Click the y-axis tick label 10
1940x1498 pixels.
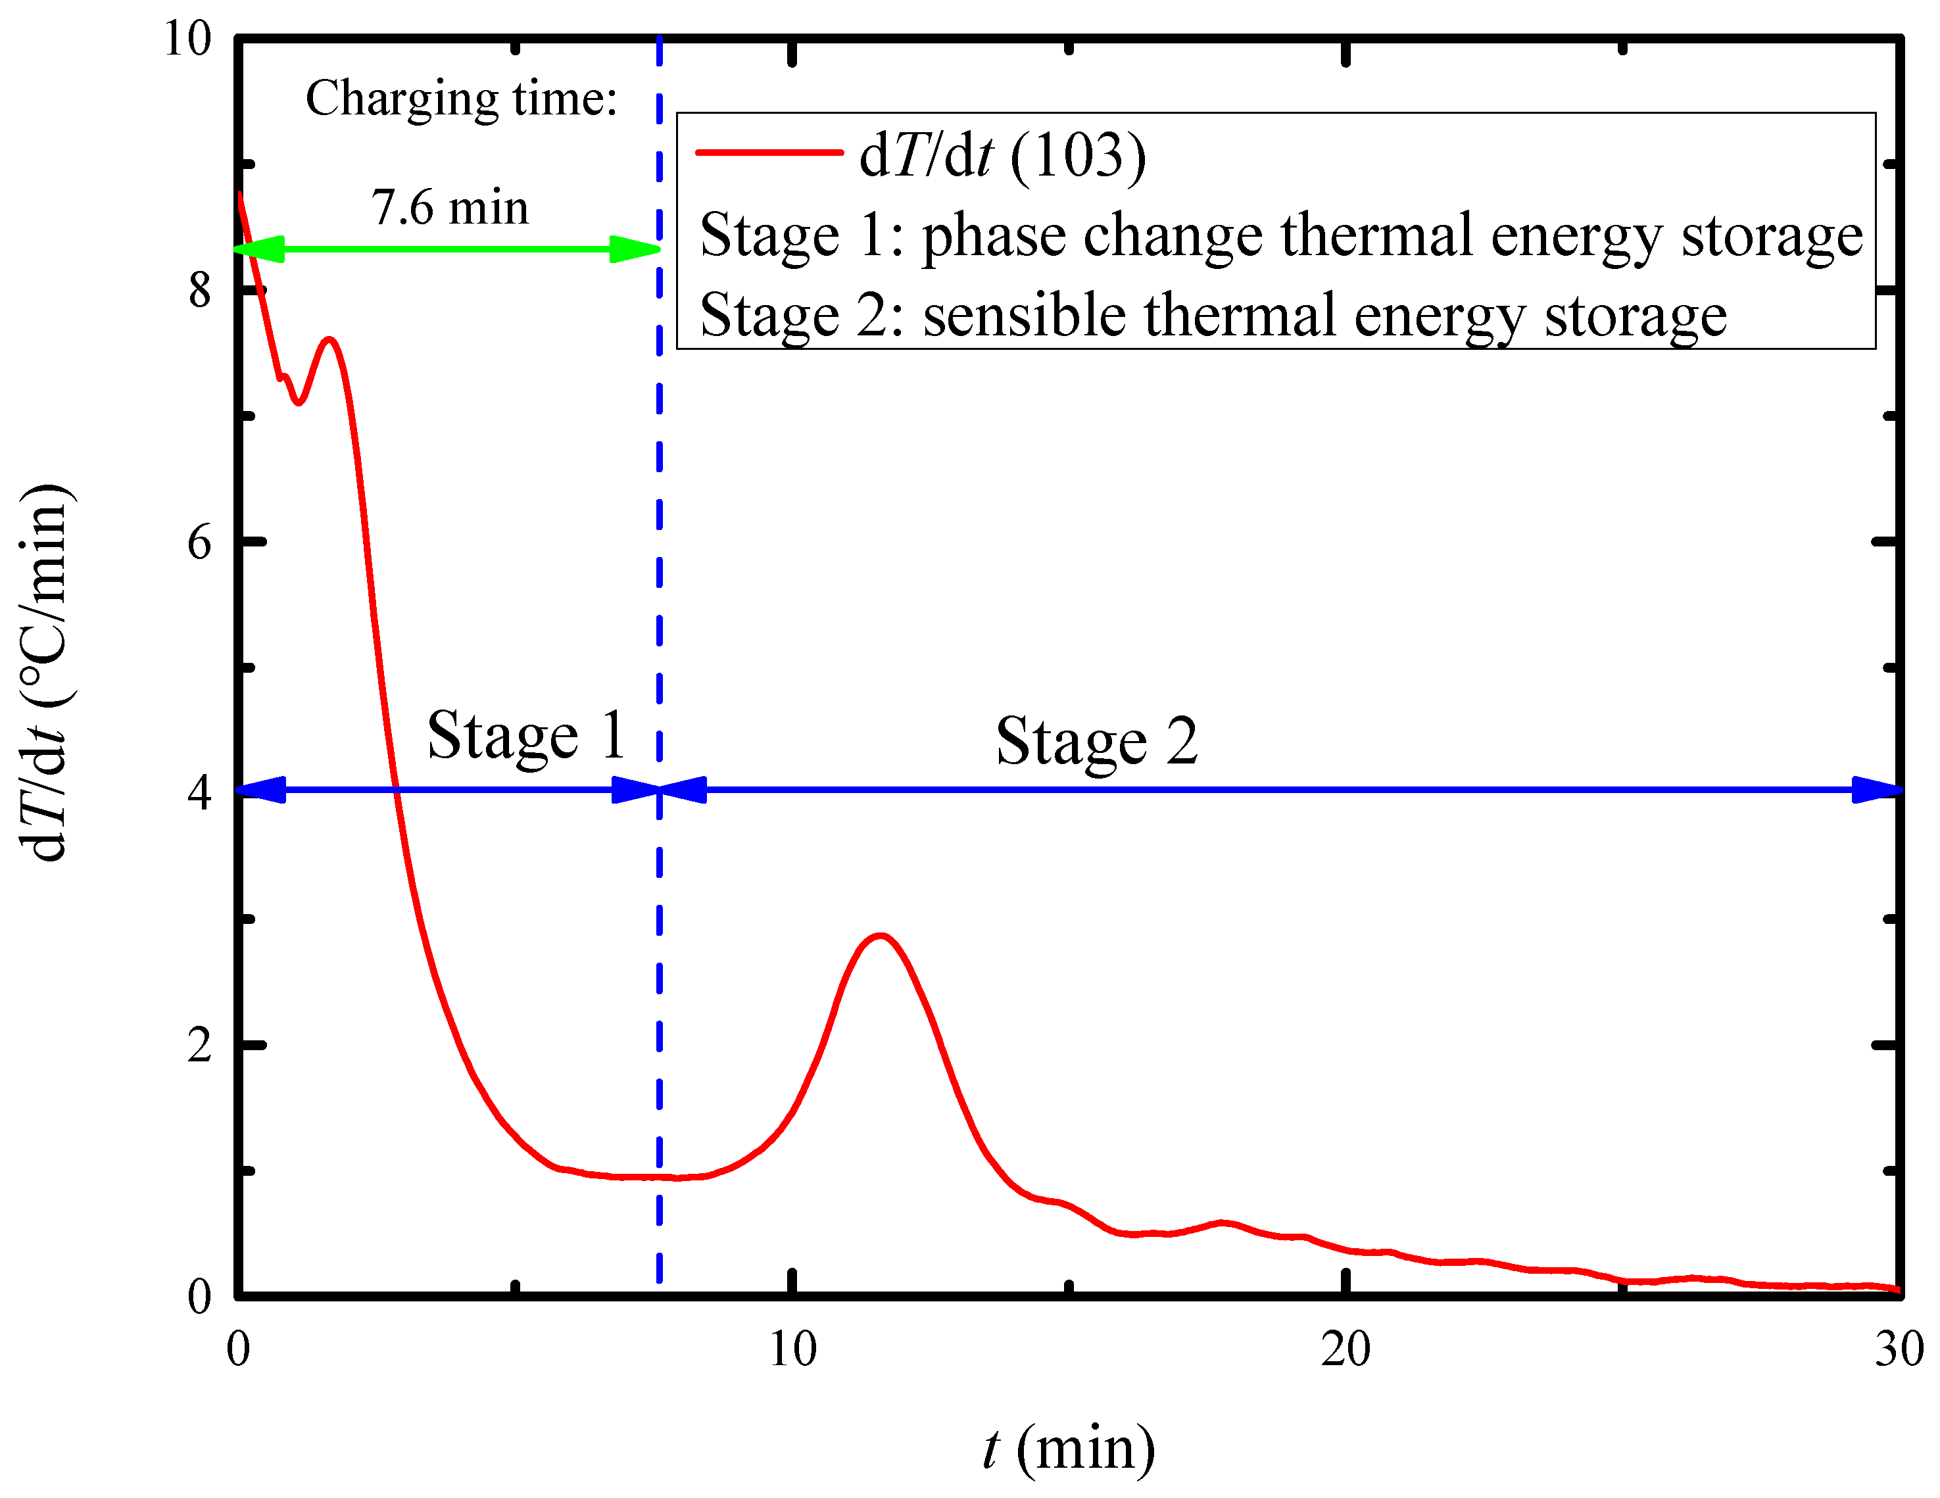tap(187, 38)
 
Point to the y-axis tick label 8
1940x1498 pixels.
tap(200, 289)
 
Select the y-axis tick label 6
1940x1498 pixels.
tap(200, 541)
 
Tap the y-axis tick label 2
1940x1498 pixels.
tap(200, 1045)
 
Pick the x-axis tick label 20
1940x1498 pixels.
tap(1346, 1349)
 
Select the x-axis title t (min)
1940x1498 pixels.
tap(1069, 1448)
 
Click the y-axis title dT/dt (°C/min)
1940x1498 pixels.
tap(45, 673)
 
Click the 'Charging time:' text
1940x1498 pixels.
tap(461, 99)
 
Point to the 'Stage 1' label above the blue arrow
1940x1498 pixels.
tap(527, 736)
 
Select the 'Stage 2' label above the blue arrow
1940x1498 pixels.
tap(1096, 741)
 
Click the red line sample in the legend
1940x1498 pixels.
tap(768, 153)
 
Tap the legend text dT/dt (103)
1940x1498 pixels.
tap(1003, 155)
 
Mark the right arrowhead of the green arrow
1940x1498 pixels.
tap(636, 250)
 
